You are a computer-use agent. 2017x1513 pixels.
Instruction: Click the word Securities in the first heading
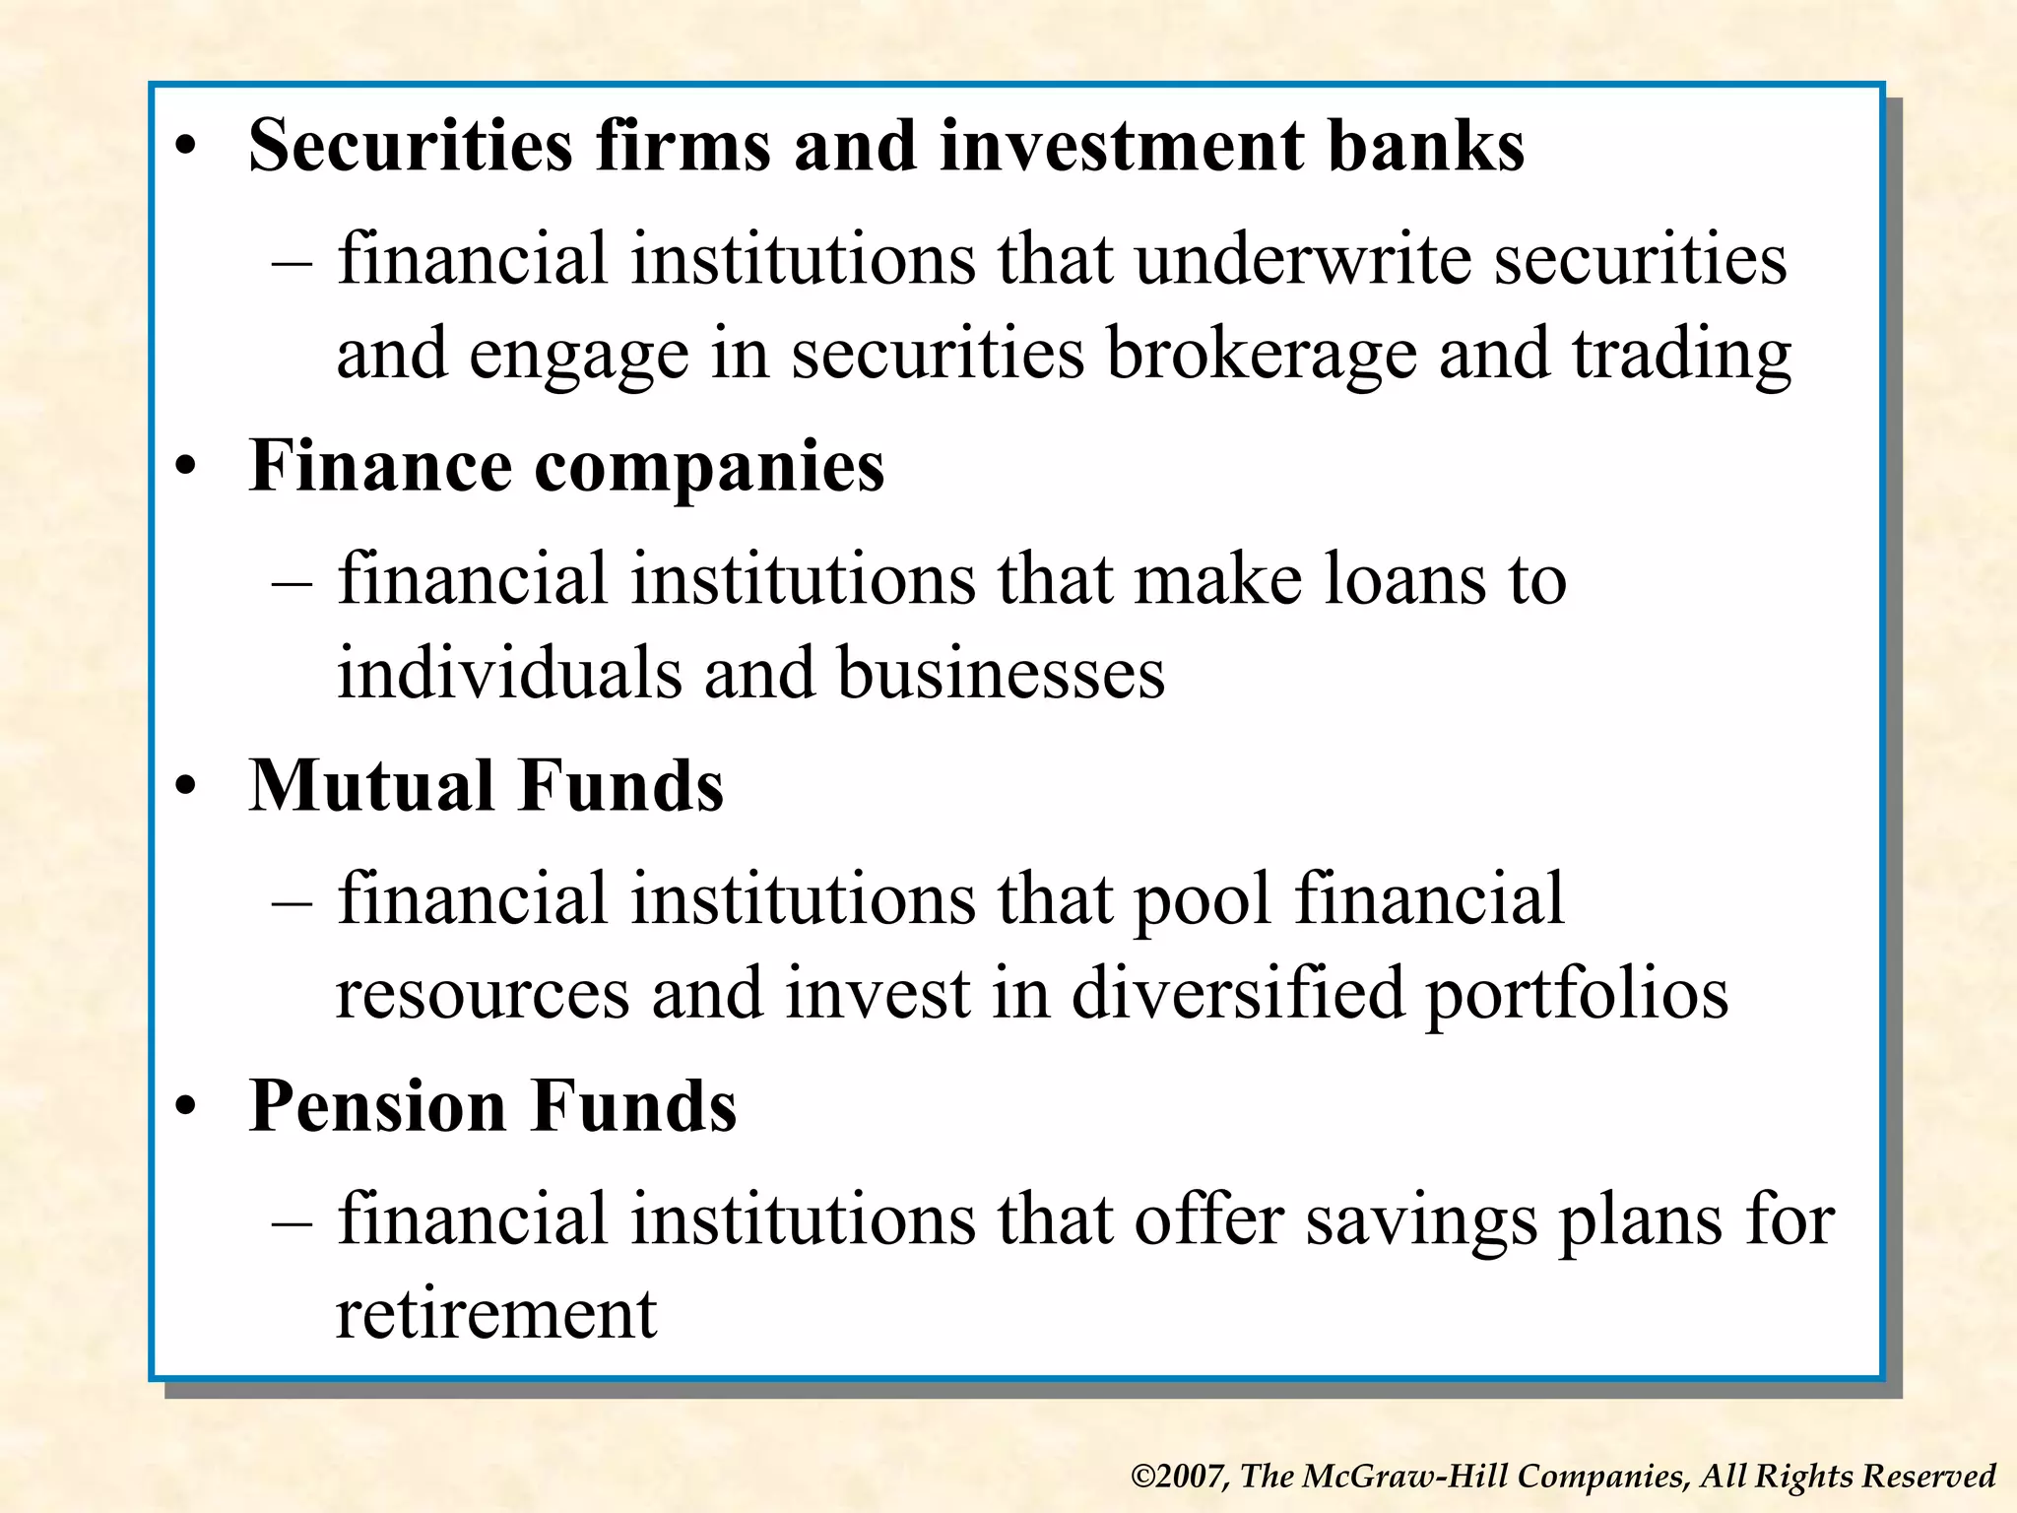[410, 146]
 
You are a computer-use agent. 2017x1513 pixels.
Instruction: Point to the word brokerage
[1261, 355]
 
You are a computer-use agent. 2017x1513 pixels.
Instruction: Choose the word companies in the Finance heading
[709, 467]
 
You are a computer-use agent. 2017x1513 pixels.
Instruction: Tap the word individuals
[509, 674]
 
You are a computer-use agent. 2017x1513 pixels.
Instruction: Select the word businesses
[1001, 674]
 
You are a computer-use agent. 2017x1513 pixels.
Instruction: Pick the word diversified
[1237, 993]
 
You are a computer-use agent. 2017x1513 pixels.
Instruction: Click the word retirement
[496, 1314]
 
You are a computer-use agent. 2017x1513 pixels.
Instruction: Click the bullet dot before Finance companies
[186, 468]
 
